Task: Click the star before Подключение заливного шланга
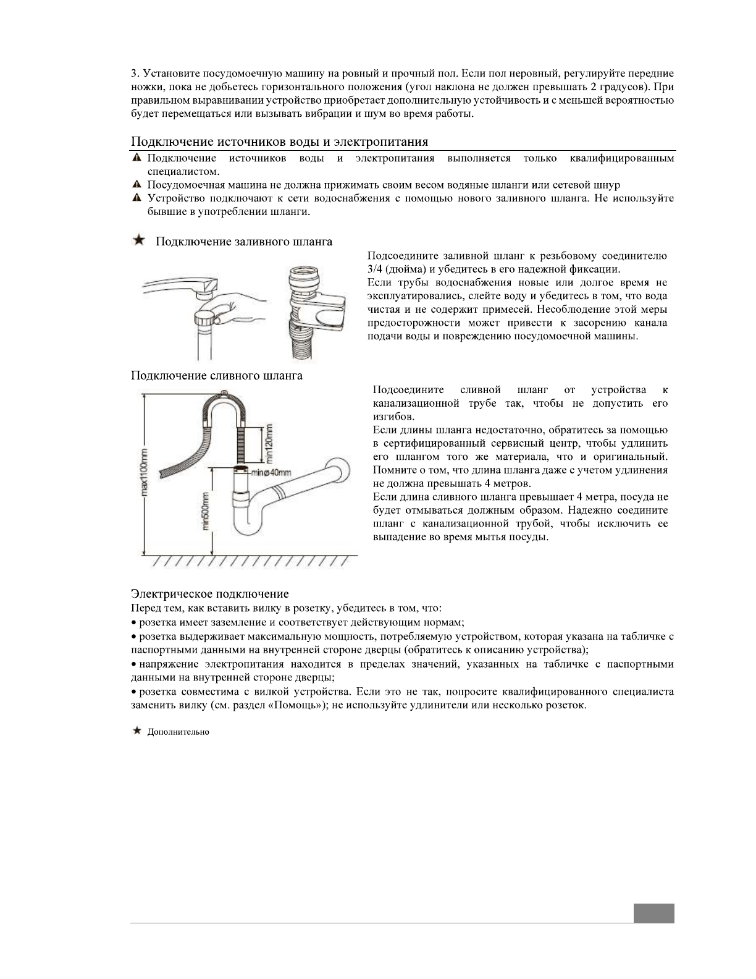(140, 240)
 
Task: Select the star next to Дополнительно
(137, 731)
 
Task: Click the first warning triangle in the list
(137, 159)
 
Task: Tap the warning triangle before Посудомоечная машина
(137, 185)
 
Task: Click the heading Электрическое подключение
(209, 594)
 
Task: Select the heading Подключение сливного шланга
(216, 375)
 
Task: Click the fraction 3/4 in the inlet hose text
(374, 269)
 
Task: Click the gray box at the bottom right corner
(653, 913)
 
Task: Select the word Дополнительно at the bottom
(178, 732)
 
